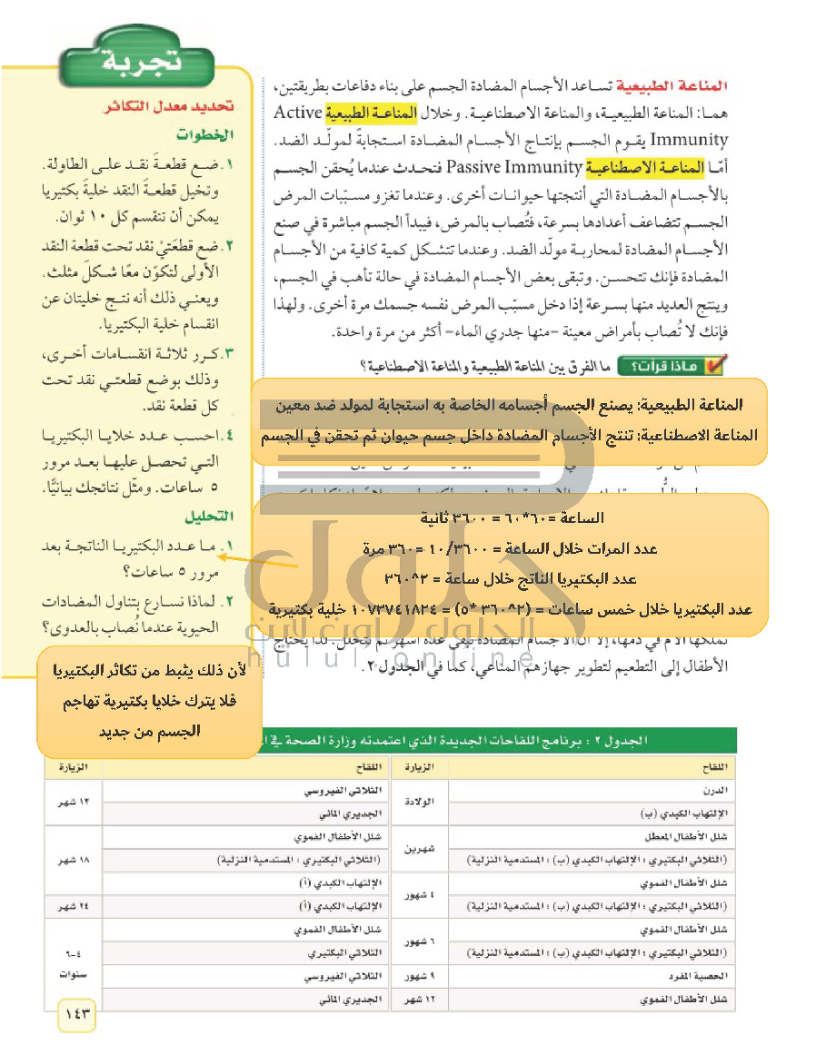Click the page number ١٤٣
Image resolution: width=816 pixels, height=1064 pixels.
coord(78,1013)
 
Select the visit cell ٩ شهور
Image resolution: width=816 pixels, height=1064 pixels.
coord(420,977)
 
